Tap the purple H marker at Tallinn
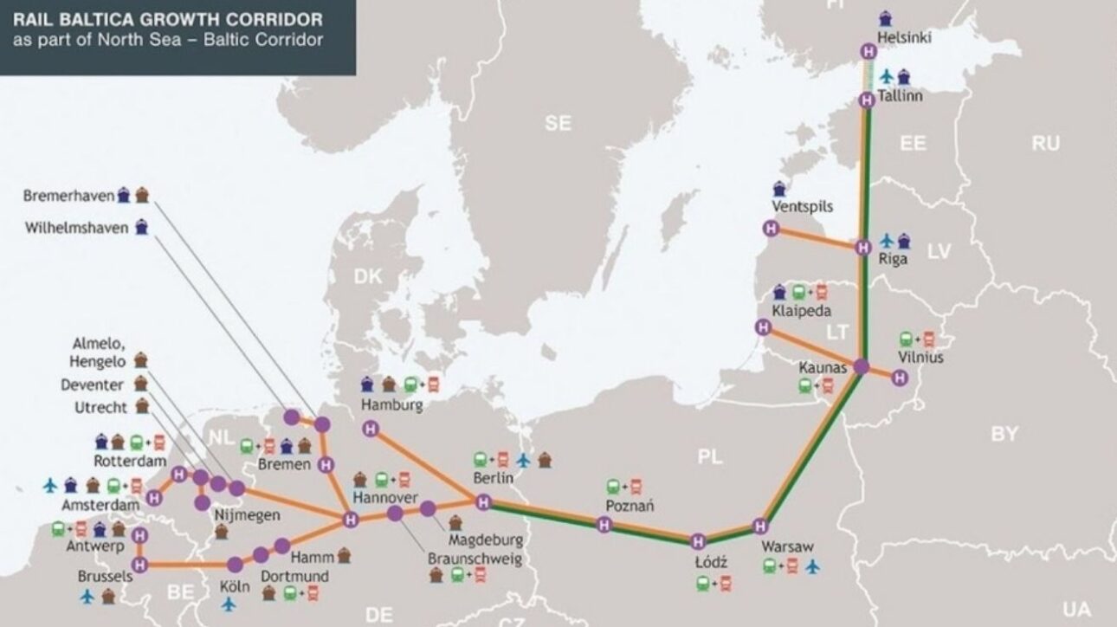867,100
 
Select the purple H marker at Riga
862,249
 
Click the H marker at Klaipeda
763,327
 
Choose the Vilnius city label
921,357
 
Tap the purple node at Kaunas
861,366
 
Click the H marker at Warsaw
760,525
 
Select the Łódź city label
712,563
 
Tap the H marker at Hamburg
371,428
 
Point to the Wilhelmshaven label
76,228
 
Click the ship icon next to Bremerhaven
124,196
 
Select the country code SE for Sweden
558,124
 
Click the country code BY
1004,434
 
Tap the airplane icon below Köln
229,604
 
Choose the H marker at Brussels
143,565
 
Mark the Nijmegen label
247,515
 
